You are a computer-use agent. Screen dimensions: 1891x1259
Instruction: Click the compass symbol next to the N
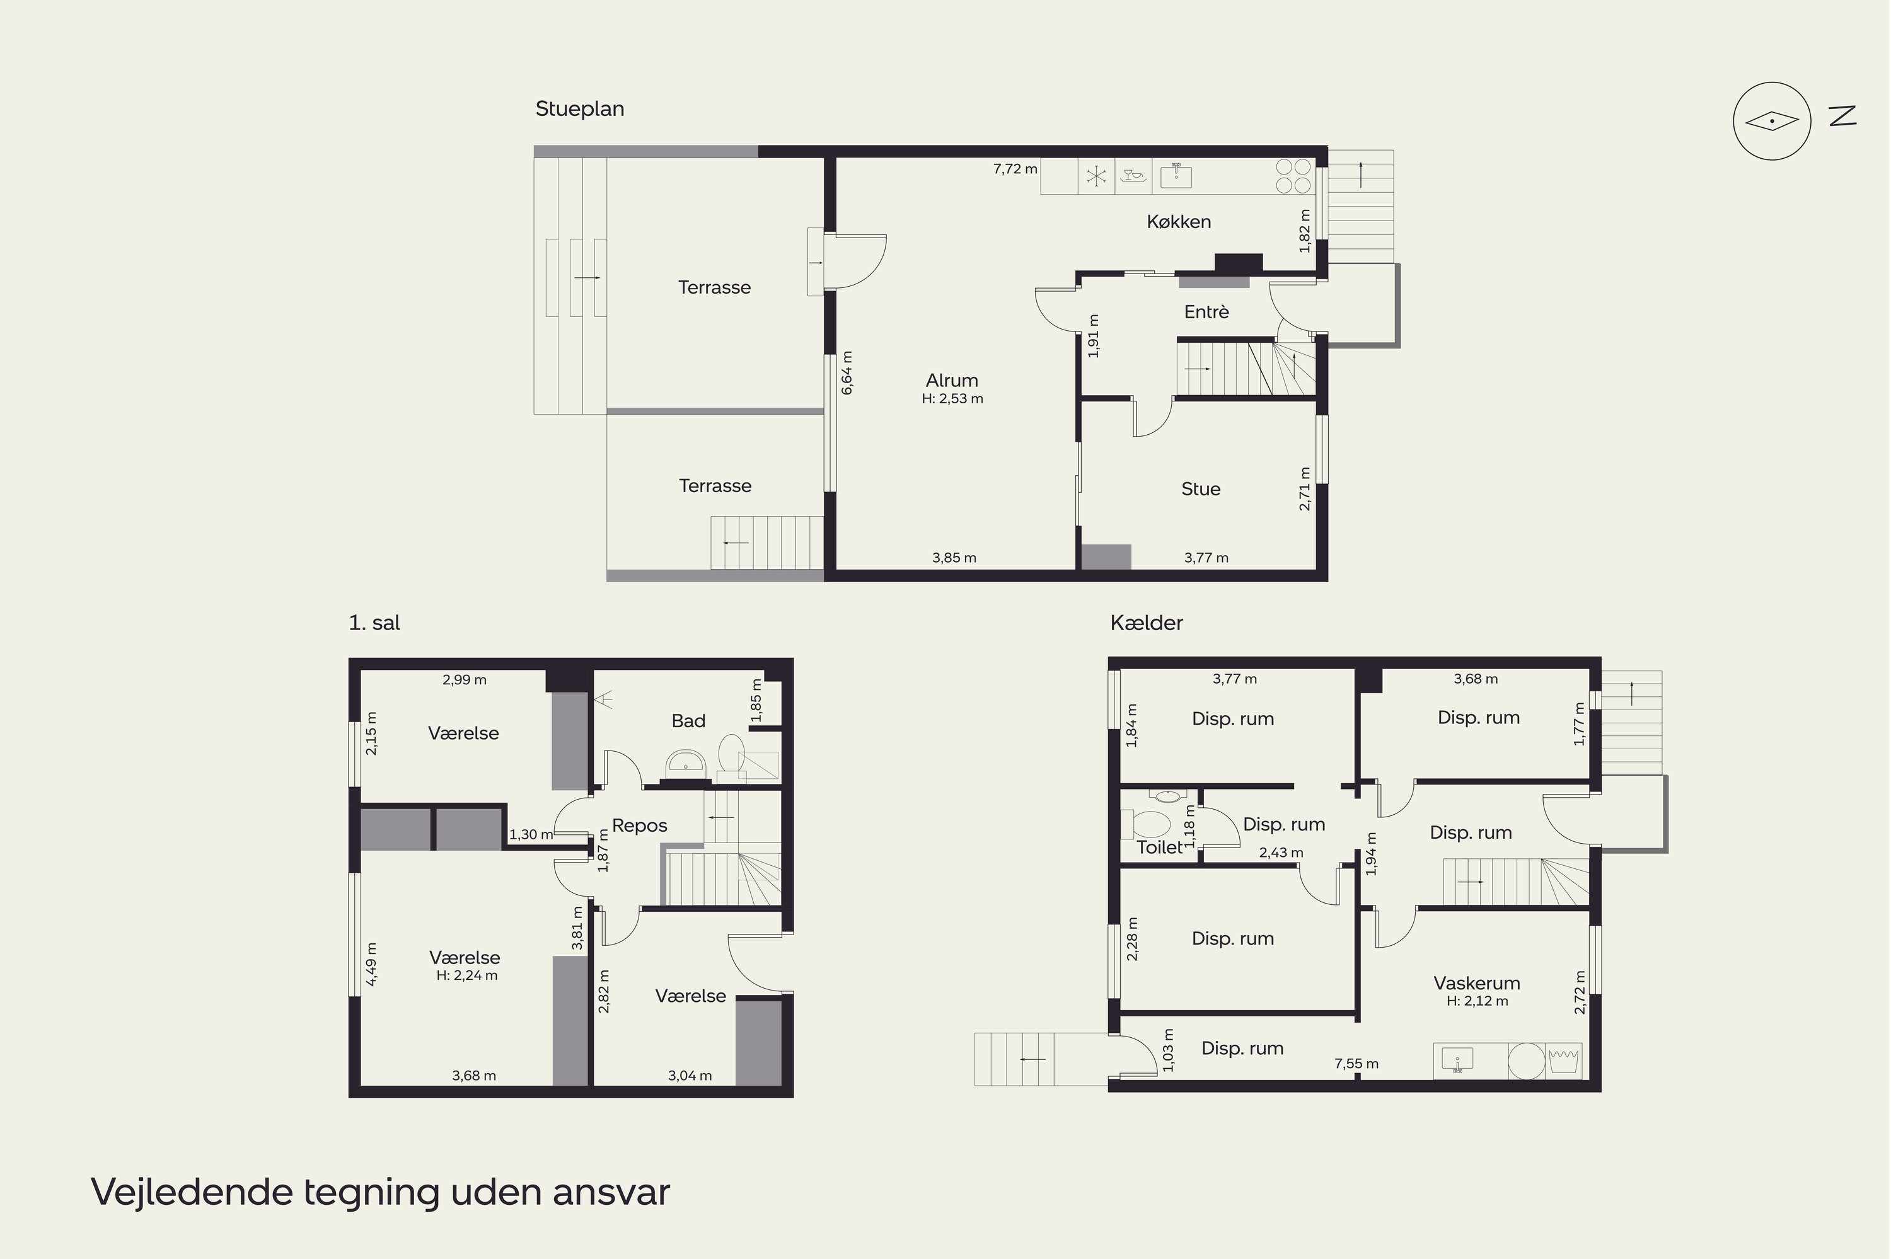[1771, 121]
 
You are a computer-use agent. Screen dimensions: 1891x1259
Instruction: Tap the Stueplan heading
[580, 109]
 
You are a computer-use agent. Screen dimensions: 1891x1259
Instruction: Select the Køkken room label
[1178, 222]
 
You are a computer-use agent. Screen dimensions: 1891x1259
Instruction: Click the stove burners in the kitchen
[1293, 176]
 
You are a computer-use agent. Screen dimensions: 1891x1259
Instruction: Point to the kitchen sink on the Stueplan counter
[1176, 175]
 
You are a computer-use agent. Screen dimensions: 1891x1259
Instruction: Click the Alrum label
[952, 381]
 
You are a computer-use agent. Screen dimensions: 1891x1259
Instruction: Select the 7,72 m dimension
[1015, 169]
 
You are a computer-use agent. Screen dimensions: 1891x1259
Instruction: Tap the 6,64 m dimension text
[847, 372]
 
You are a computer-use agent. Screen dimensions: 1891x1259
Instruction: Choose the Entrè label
[1206, 311]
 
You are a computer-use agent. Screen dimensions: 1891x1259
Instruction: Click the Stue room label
[1200, 489]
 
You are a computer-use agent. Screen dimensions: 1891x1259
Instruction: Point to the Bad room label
[688, 721]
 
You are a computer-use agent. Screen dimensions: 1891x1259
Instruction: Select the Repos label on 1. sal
[639, 825]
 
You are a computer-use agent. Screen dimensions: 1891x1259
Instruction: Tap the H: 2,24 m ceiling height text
[466, 975]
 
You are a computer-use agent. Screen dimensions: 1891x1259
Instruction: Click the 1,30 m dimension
[531, 834]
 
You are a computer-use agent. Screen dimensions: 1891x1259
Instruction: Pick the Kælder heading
[1146, 623]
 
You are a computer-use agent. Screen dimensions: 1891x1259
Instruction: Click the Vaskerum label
[1477, 983]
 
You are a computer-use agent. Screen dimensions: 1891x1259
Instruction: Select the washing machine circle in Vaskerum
[1527, 1061]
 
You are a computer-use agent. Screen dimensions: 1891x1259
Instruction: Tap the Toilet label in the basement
[1159, 847]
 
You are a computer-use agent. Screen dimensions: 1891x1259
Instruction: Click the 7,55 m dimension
[1356, 1064]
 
